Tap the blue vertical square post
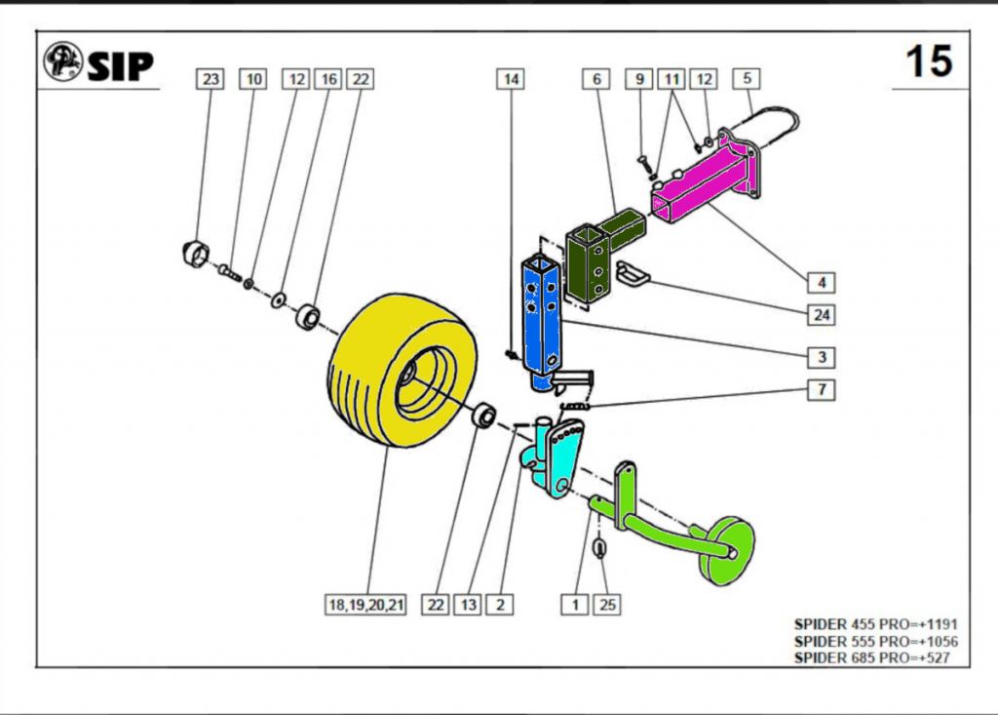tap(541, 312)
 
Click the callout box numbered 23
tap(211, 79)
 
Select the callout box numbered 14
tap(511, 79)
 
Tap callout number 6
tap(596, 79)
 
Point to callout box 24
tap(821, 315)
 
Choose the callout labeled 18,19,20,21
tap(365, 605)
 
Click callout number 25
tap(607, 605)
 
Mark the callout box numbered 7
tap(821, 390)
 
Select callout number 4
tap(821, 283)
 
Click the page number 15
tap(928, 61)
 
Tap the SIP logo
tap(98, 63)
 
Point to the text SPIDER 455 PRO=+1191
tap(875, 623)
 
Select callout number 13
tap(469, 605)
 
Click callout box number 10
tap(253, 79)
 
